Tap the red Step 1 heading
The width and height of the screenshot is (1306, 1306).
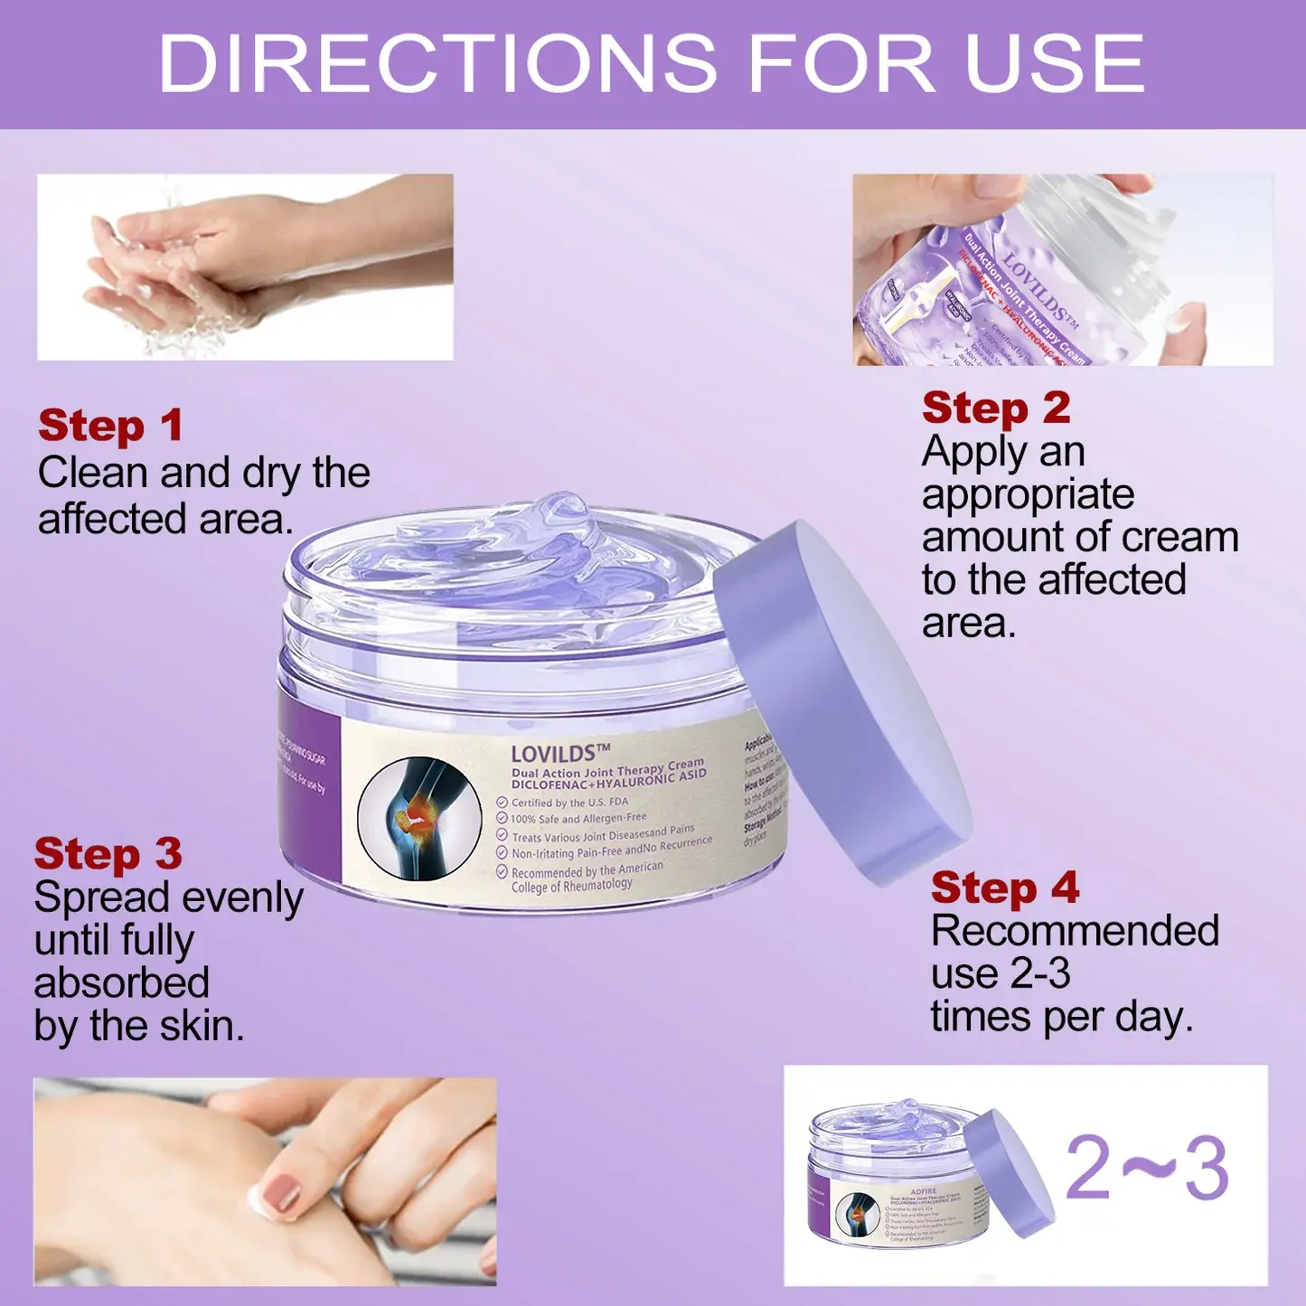[x=110, y=426]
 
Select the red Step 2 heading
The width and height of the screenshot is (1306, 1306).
[x=996, y=409]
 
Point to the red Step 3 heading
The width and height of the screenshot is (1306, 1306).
[x=108, y=854]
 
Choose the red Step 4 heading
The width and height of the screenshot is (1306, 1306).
[x=1005, y=888]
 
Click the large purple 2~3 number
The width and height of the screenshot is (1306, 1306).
[x=1147, y=1169]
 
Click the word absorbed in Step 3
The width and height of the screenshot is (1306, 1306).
[x=122, y=983]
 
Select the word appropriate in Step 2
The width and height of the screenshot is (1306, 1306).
[x=1028, y=494]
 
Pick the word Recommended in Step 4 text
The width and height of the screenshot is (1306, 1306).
[x=1075, y=931]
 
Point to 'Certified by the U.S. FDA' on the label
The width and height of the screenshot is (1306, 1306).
[x=569, y=803]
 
